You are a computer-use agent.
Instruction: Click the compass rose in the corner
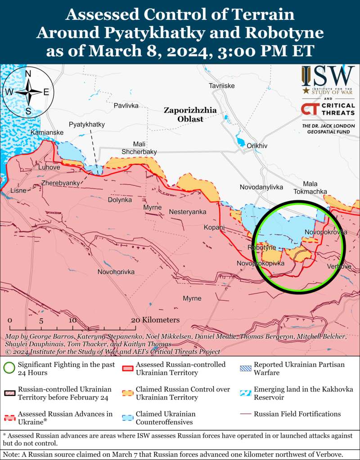[28, 92]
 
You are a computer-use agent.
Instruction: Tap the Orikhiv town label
[257, 146]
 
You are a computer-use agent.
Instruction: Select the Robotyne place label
[261, 248]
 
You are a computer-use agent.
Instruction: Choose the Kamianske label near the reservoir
[47, 133]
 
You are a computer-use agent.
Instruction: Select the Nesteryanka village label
[188, 212]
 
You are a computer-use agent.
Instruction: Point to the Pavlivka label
[126, 105]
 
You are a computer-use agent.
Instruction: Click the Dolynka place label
[120, 199]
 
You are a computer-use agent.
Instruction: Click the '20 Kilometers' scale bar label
[155, 320]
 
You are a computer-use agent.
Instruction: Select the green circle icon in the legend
[9, 369]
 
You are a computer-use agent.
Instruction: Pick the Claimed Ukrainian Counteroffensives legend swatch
[128, 418]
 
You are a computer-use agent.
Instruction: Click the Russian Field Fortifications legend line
[246, 414]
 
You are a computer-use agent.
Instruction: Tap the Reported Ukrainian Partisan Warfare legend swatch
[246, 369]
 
